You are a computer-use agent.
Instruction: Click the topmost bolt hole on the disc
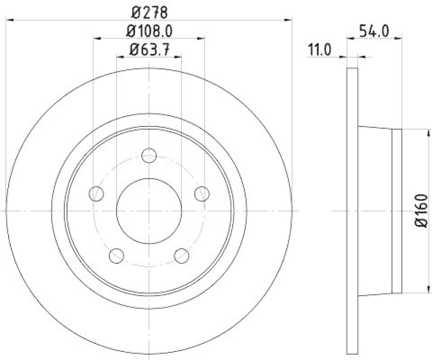tap(148, 156)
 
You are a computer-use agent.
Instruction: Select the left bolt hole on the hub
tap(96, 193)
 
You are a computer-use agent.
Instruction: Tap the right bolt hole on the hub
tap(201, 193)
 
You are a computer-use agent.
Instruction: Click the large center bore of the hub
tap(148, 211)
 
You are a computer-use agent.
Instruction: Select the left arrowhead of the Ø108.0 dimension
tap(97, 38)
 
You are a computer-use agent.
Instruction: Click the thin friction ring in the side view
tap(352, 211)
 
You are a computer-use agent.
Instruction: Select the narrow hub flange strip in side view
tap(397, 211)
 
